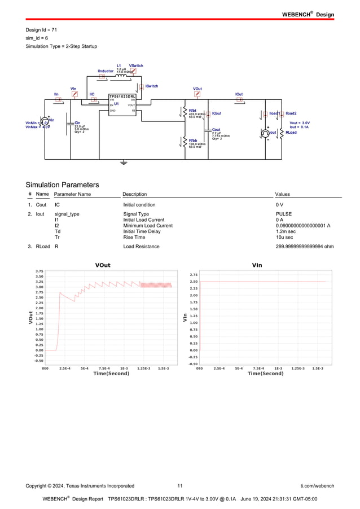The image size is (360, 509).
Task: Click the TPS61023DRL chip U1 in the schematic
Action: (x=122, y=105)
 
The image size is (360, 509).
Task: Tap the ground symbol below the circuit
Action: (x=124, y=162)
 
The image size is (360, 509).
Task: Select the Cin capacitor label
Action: (x=78, y=122)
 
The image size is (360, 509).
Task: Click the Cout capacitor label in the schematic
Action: (x=216, y=130)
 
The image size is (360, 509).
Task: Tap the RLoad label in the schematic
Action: (x=291, y=133)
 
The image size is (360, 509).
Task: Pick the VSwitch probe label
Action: (x=136, y=65)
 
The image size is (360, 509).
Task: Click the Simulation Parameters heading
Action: (x=62, y=185)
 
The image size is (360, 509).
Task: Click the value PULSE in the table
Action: (x=283, y=214)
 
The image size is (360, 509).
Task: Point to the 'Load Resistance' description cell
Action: (x=141, y=247)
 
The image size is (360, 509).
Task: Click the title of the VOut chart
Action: (x=103, y=265)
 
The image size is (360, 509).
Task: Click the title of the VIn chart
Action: (x=257, y=265)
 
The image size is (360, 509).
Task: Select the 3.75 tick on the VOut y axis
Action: (x=39, y=271)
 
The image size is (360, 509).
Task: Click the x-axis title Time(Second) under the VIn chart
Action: (x=265, y=374)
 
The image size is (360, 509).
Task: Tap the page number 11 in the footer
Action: (x=180, y=485)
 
